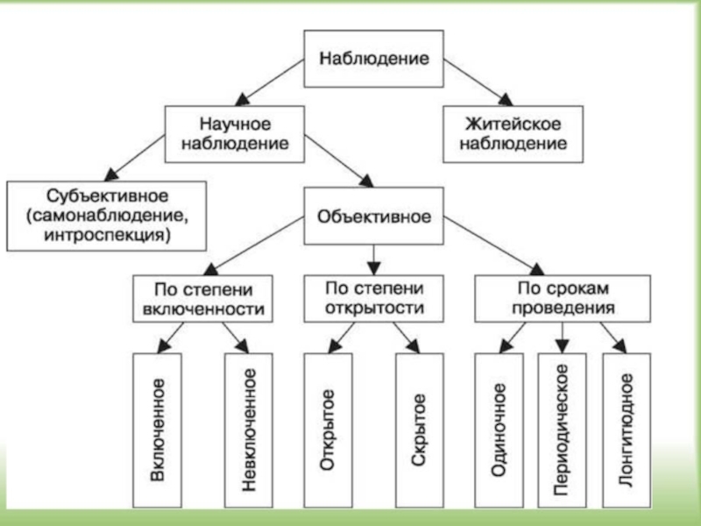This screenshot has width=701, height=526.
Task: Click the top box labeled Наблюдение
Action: click(373, 60)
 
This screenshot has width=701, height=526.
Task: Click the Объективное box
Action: click(373, 215)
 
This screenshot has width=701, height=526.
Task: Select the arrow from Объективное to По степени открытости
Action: click(374, 256)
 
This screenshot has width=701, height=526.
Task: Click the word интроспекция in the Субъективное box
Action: click(108, 235)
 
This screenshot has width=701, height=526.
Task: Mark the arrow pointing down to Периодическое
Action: click(563, 335)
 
